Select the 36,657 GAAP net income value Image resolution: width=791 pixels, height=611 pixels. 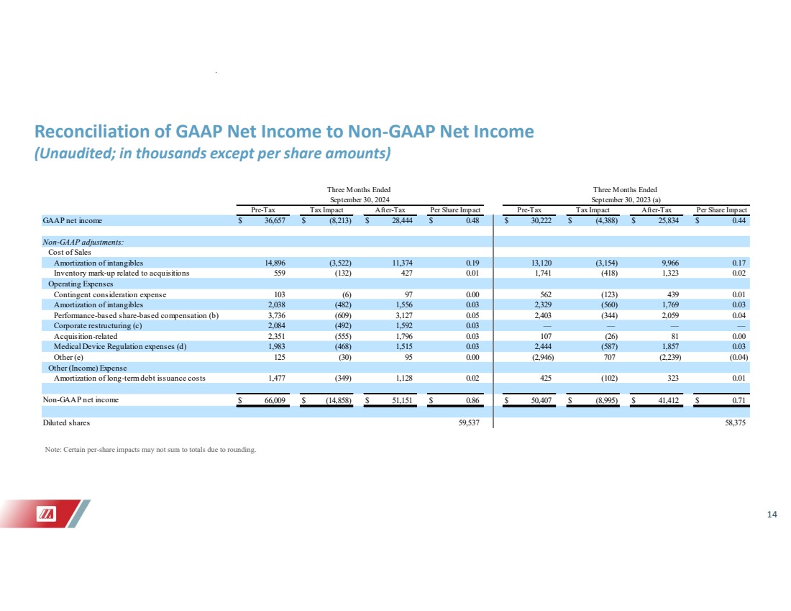pyautogui.click(x=274, y=219)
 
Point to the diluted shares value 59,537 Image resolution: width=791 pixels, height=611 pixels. pyautogui.click(x=469, y=422)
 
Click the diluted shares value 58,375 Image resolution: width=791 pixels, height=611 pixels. pyautogui.click(x=736, y=422)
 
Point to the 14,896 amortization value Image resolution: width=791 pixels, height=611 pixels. pyautogui.click(x=274, y=263)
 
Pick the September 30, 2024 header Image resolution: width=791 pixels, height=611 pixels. pyautogui.click(x=357, y=199)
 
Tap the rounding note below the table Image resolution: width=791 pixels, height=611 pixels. pyautogui.click(x=150, y=451)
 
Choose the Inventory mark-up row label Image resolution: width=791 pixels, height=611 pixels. pyautogui.click(x=122, y=273)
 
